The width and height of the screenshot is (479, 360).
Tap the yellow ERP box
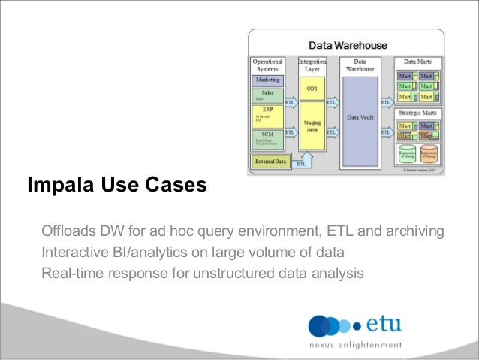click(267, 114)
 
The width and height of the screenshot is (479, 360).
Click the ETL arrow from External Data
click(301, 162)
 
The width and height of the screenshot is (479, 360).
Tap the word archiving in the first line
click(416, 229)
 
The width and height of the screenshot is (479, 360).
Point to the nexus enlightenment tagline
click(356, 346)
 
